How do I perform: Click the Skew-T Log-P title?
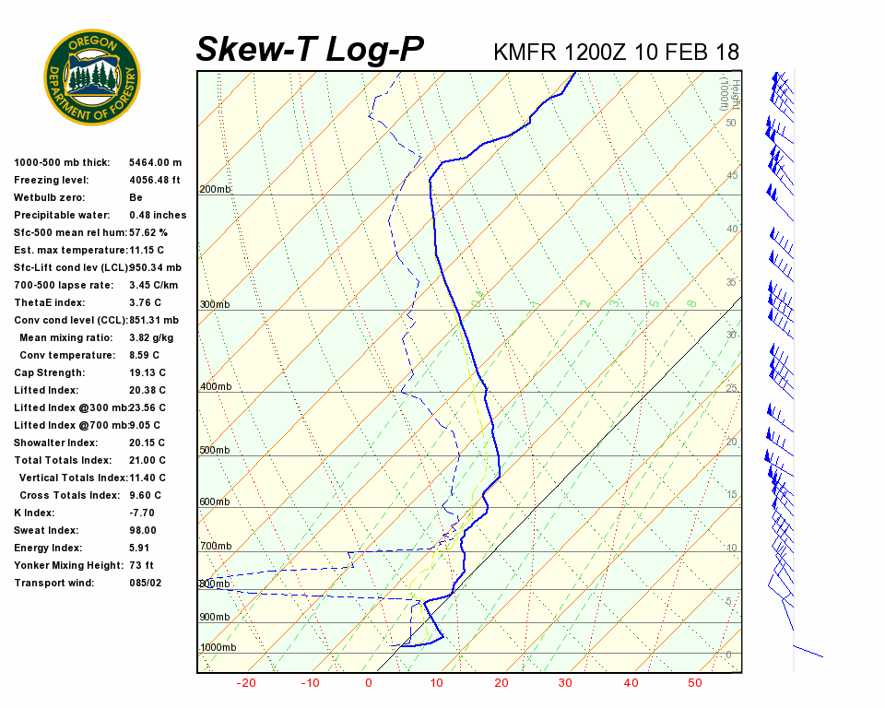(311, 50)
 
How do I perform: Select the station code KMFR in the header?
(525, 52)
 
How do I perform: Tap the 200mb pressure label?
(216, 190)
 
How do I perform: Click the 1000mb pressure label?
(218, 648)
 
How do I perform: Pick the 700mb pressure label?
(216, 547)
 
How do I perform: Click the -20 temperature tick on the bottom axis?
(246, 683)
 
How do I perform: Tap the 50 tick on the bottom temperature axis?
(695, 683)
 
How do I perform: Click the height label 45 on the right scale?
(732, 175)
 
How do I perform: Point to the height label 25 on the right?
(732, 388)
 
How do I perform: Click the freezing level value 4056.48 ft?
(155, 180)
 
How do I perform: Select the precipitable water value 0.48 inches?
(158, 215)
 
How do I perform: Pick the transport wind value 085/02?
(147, 583)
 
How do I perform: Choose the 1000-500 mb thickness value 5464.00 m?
(156, 162)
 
